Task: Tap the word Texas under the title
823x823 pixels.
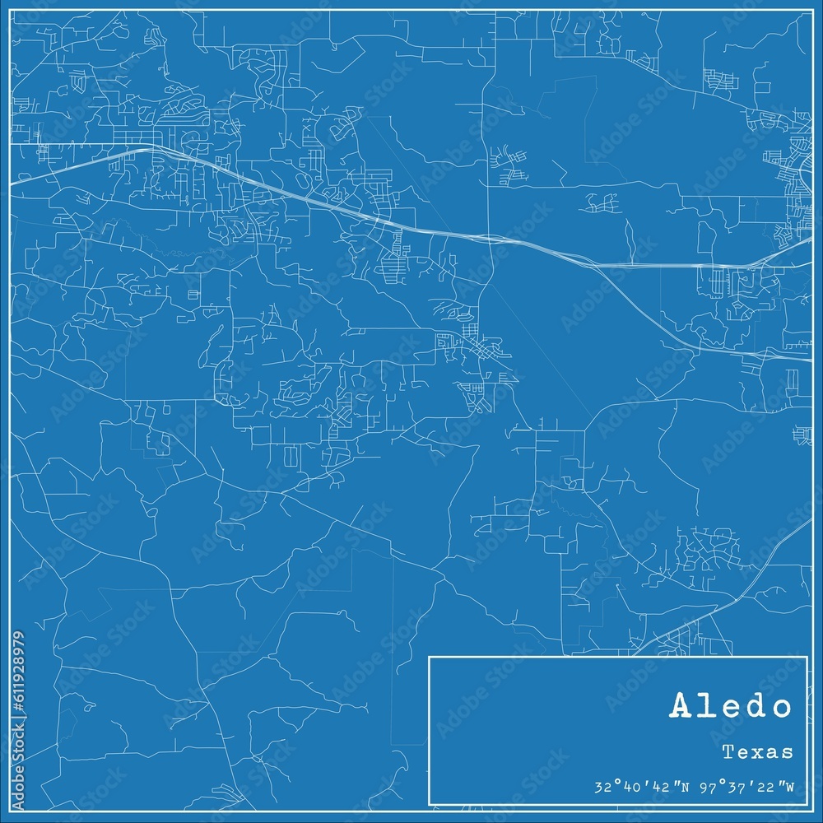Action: [758, 751]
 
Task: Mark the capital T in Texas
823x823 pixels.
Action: [729, 751]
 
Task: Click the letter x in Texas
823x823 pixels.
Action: [759, 752]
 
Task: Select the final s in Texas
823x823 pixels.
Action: [788, 752]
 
